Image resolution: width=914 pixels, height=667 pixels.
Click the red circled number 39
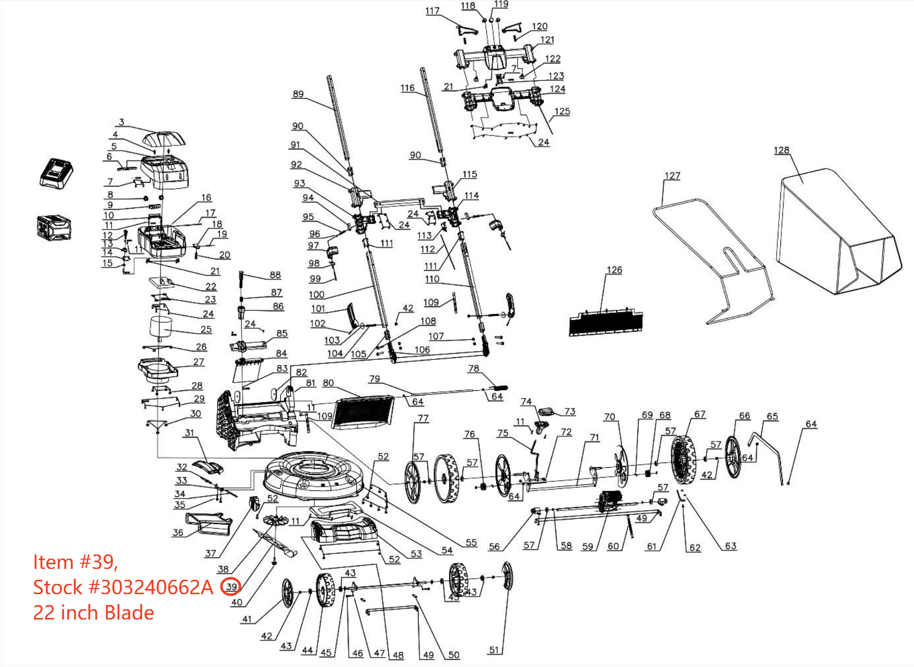click(x=231, y=586)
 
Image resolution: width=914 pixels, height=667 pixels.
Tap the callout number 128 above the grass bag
click(x=781, y=150)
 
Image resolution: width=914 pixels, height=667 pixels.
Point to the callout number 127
click(x=672, y=176)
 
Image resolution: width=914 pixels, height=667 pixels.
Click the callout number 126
click(x=614, y=270)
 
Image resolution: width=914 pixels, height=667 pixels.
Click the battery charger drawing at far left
click(x=56, y=173)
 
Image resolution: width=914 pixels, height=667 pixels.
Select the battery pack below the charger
click(x=54, y=228)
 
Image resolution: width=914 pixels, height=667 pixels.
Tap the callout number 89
click(x=298, y=94)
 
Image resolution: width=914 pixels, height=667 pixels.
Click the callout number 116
click(x=407, y=88)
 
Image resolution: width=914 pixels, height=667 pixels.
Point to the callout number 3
click(x=121, y=122)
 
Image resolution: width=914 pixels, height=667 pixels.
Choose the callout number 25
click(x=206, y=329)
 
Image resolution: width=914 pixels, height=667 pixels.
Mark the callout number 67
click(x=699, y=414)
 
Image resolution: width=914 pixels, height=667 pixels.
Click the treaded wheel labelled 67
click(x=684, y=459)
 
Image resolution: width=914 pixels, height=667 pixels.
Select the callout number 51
click(x=494, y=650)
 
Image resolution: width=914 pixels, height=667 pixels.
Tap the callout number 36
click(x=178, y=532)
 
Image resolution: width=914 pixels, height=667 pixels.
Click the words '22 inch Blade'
click(x=93, y=613)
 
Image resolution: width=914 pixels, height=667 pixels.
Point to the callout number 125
click(x=562, y=112)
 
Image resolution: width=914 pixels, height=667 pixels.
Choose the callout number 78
click(x=473, y=369)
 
